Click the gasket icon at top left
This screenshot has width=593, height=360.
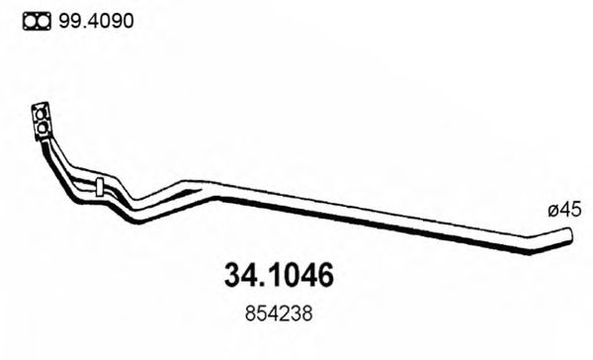tap(37, 21)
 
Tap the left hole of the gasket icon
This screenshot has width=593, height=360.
tap(30, 21)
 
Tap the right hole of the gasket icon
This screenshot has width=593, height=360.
tap(43, 21)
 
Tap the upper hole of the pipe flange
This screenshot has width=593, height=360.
tap(42, 111)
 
